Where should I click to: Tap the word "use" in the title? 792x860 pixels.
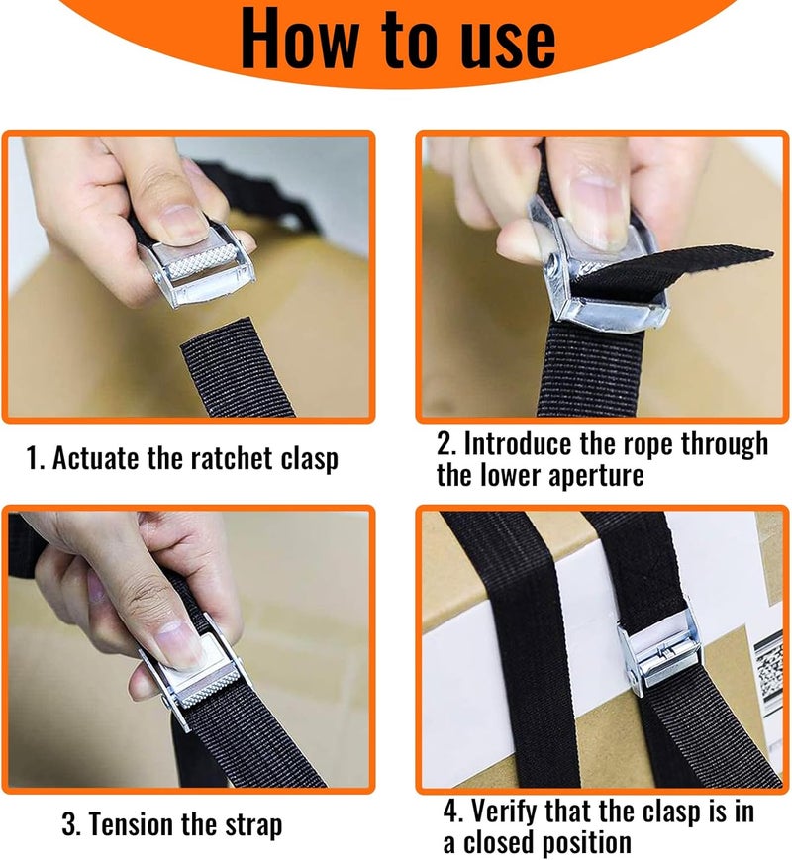click(x=508, y=43)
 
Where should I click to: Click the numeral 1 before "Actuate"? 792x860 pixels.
click(x=34, y=458)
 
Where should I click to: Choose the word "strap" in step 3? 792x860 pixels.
click(x=252, y=826)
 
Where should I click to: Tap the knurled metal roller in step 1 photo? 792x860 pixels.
click(x=201, y=261)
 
